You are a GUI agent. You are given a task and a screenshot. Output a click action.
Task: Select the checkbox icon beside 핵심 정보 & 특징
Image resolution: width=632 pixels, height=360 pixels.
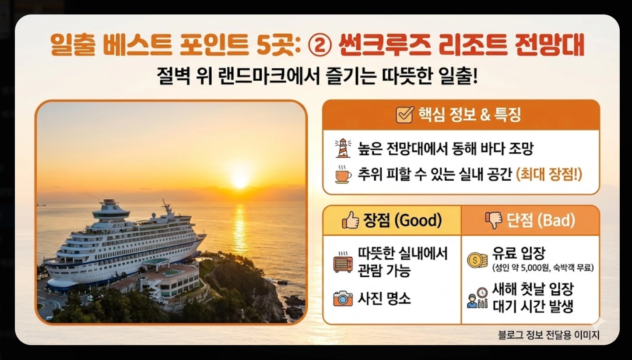coord(404,115)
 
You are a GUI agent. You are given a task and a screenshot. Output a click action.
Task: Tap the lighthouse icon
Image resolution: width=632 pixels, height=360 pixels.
coord(343,148)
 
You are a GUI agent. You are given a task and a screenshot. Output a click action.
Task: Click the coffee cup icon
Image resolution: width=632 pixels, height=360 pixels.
coord(343,174)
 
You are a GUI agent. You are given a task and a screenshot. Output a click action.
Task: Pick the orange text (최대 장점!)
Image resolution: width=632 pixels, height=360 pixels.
coord(549,174)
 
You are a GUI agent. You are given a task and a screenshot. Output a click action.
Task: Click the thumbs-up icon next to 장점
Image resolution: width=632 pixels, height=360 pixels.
coord(350,221)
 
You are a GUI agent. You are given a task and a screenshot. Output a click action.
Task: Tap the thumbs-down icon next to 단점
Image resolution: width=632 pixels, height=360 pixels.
coord(494,221)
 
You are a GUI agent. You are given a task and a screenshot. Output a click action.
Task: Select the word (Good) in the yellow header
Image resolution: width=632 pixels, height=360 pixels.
coord(418,220)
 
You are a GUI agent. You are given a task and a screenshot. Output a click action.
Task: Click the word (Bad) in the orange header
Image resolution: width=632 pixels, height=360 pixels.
coord(556,220)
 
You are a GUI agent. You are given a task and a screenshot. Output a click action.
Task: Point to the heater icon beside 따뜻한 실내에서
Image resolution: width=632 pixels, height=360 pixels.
coord(343,262)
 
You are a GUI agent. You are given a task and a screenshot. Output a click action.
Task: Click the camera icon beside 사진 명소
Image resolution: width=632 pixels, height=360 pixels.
coord(343,298)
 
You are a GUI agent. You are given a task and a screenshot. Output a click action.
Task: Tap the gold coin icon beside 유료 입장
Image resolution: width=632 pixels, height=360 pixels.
coord(477,260)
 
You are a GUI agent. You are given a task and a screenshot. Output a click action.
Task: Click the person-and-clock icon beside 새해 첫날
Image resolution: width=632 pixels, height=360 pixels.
coord(477,297)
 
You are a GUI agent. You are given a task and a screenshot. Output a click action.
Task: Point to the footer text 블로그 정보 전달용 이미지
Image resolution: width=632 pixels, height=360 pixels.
coord(548,335)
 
